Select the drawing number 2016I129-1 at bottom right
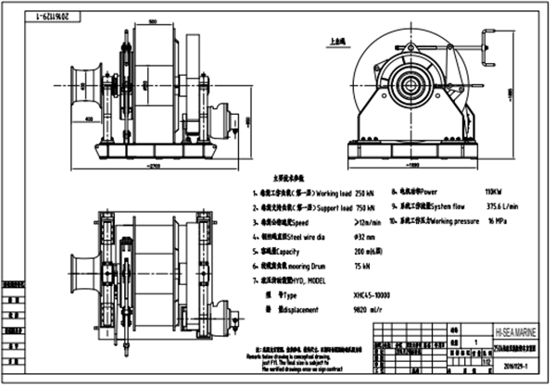coord(511,367)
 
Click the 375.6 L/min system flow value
coord(471,207)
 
